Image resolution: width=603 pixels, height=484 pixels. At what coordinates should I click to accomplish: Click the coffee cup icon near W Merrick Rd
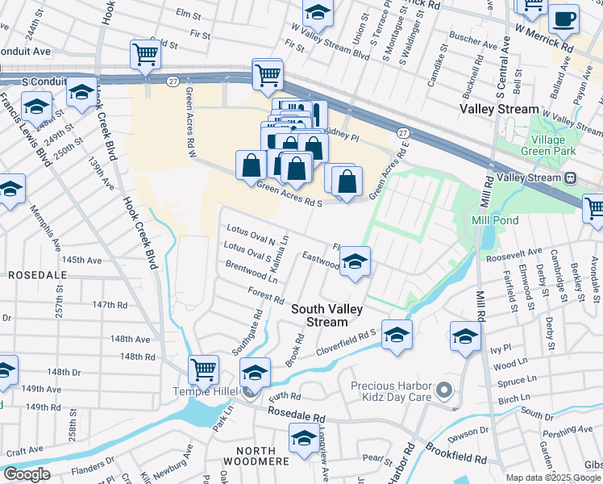[563, 19]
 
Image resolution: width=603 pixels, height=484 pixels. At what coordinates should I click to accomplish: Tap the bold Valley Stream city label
[499, 109]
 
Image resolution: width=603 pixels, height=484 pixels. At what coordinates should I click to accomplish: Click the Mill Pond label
[496, 219]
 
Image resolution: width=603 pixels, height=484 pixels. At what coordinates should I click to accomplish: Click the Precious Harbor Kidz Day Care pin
[443, 392]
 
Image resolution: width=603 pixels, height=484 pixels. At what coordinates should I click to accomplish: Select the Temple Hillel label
[224, 391]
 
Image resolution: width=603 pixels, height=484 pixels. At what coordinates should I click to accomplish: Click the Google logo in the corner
[27, 474]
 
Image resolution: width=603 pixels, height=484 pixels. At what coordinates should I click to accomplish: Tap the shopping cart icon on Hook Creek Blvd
[145, 55]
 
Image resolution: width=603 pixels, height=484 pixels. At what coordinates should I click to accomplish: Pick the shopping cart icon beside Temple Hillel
[203, 369]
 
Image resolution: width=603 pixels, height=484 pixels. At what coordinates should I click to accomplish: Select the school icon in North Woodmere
[304, 440]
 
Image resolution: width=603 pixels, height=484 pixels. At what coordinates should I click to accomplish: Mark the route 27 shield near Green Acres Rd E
[402, 132]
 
